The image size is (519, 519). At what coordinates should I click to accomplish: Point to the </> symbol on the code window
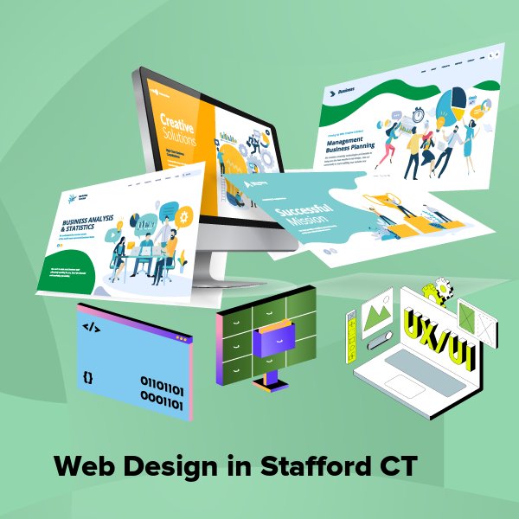pyautogui.click(x=93, y=328)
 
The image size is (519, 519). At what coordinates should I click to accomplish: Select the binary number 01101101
pyautogui.click(x=161, y=381)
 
